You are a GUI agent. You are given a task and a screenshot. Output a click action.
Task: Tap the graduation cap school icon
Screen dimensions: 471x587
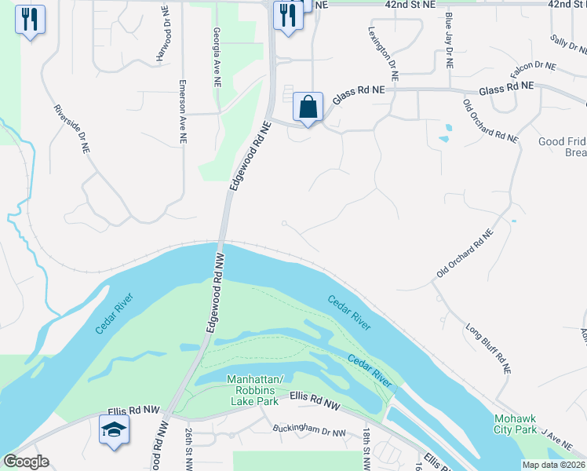(115, 430)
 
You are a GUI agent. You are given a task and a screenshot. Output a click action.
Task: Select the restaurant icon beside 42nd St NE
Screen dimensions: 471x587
(288, 15)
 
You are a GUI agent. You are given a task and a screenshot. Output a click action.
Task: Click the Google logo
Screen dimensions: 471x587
(26, 462)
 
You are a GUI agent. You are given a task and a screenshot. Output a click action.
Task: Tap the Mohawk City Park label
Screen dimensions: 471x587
(515, 424)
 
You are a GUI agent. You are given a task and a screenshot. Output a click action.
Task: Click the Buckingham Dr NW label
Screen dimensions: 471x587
(309, 431)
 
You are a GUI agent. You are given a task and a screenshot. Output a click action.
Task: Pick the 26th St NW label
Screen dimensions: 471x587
(189, 450)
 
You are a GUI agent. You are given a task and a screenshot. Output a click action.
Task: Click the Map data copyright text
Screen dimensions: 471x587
(552, 464)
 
